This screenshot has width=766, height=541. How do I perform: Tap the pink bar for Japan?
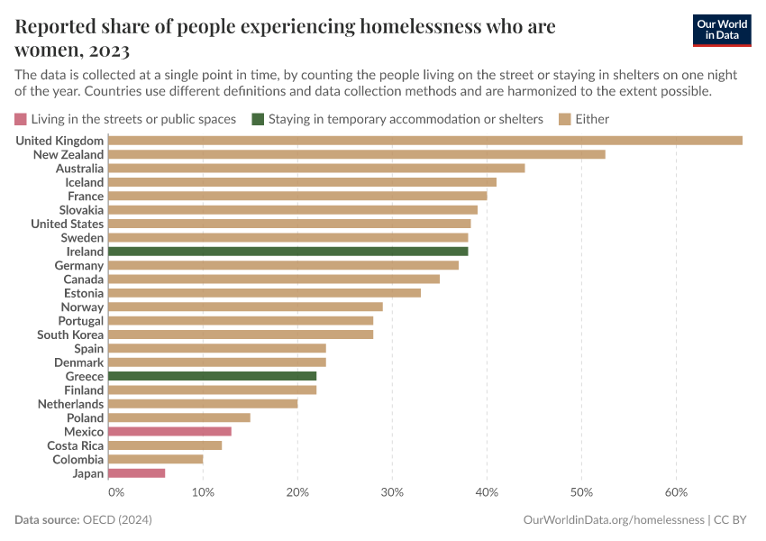click(x=136, y=473)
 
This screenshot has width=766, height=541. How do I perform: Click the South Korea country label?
click(x=70, y=335)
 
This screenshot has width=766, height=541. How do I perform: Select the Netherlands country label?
click(x=70, y=404)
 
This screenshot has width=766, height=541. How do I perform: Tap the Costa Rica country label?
click(x=75, y=445)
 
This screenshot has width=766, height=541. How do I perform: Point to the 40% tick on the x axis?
click(x=487, y=492)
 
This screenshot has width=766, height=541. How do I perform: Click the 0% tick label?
click(x=115, y=492)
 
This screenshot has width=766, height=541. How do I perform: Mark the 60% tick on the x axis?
click(x=676, y=492)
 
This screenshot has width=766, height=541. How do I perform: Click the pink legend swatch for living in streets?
click(x=21, y=119)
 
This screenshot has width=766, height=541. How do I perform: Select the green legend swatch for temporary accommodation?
click(x=258, y=119)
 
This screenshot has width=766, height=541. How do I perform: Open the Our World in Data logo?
click(x=722, y=30)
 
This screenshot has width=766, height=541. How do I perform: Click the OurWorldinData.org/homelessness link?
click(x=614, y=520)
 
